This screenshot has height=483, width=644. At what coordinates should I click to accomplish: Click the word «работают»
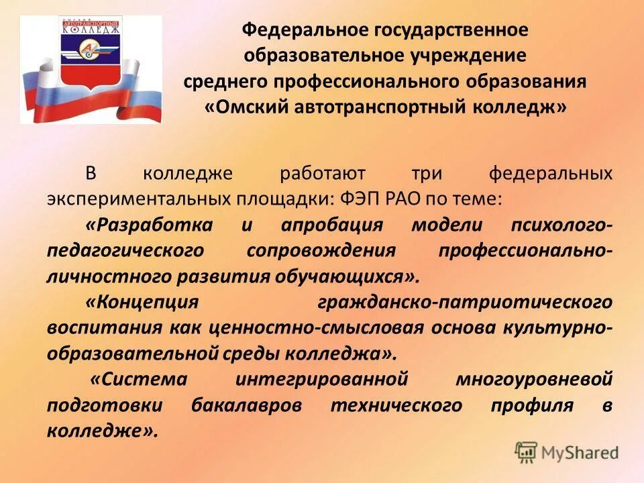pyautogui.click(x=323, y=173)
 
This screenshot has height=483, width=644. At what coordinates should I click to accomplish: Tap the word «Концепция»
pyautogui.click(x=142, y=302)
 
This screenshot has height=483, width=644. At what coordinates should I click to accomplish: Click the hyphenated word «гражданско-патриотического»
pyautogui.click(x=465, y=302)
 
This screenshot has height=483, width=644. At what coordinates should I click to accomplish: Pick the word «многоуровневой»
pyautogui.click(x=535, y=379)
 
